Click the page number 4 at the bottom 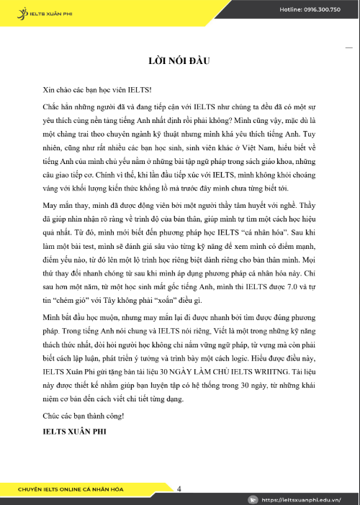[179, 488]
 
